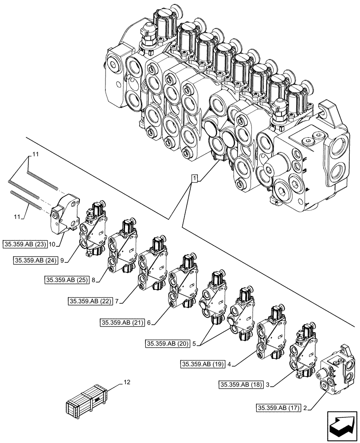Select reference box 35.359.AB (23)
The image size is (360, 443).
pyautogui.click(x=28, y=244)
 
